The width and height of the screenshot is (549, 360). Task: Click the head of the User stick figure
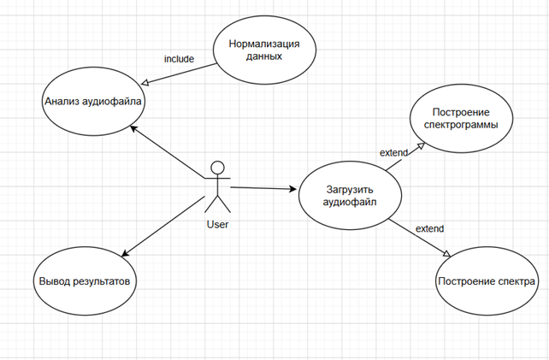click(218, 168)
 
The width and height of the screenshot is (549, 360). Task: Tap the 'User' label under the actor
click(217, 225)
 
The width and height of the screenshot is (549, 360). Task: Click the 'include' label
click(179, 59)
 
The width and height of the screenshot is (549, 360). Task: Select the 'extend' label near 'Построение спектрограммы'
click(394, 153)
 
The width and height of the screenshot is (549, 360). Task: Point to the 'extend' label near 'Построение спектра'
click(429, 228)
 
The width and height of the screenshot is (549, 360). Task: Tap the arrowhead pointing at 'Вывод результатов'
click(125, 254)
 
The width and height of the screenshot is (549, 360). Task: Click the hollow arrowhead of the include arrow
click(145, 83)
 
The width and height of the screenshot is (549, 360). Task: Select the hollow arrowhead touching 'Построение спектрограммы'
click(421, 146)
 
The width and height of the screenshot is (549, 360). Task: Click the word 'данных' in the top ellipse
click(264, 56)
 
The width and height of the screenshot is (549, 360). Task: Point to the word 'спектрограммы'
click(461, 125)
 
